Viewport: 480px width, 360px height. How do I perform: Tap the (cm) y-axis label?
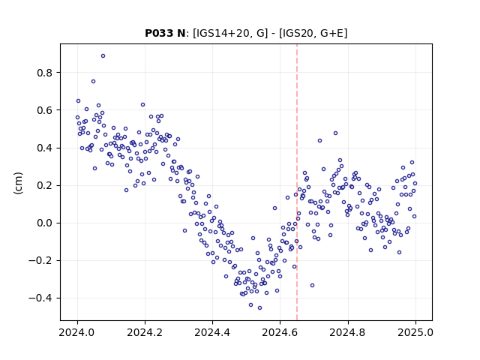(18, 183)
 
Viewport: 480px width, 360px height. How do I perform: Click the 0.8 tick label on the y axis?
(45, 73)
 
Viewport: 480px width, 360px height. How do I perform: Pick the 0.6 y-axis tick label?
(45, 110)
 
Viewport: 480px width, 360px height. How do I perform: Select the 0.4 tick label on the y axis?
(45, 148)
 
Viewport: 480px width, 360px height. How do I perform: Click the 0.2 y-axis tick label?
(45, 185)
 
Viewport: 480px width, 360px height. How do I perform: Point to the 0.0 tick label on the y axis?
(45, 223)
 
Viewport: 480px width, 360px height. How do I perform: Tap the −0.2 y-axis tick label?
(40, 261)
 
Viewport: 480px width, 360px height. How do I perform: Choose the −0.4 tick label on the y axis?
(40, 298)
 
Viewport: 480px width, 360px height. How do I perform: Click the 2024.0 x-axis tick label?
(77, 332)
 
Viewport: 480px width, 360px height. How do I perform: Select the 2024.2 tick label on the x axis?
(145, 332)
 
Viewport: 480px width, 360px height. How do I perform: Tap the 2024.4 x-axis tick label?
(212, 332)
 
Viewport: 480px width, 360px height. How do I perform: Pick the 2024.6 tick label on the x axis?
(280, 332)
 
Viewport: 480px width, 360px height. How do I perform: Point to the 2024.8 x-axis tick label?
(348, 332)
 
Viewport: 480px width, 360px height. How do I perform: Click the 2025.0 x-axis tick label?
(415, 332)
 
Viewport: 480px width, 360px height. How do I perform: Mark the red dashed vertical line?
(297, 182)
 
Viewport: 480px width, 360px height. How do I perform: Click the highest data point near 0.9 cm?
(103, 56)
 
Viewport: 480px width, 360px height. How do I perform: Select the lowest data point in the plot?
(259, 308)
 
